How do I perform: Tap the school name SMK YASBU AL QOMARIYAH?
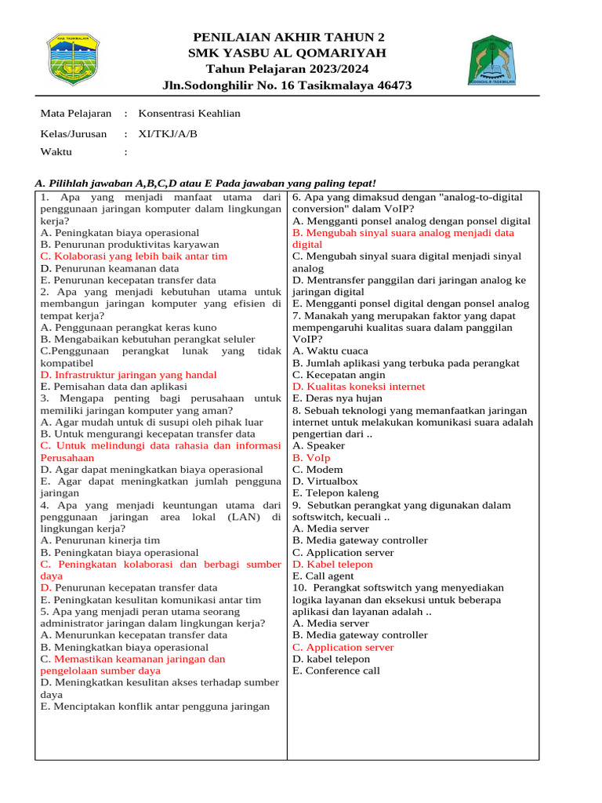tap(287, 53)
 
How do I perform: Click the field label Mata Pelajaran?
tap(75, 114)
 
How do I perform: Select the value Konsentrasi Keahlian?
tap(189, 114)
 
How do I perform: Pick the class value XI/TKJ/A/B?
tap(168, 133)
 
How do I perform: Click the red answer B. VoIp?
tap(312, 458)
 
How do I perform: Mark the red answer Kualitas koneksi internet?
tap(359, 387)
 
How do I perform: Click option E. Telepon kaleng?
tap(335, 493)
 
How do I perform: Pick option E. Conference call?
tap(336, 671)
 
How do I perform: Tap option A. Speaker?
tap(318, 446)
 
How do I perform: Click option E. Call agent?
tap(323, 576)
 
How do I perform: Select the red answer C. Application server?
tap(343, 648)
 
